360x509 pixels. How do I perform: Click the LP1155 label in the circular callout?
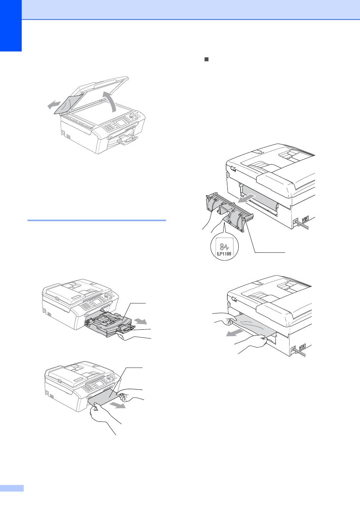(x=224, y=254)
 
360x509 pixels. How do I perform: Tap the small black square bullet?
(x=207, y=60)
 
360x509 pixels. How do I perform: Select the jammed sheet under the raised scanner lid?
(x=67, y=104)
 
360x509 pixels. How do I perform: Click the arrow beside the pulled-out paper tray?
(x=141, y=321)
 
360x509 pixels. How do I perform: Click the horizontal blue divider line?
(x=97, y=220)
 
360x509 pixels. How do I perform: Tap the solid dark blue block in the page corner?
(x=11, y=26)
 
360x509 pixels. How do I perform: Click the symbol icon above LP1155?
(x=224, y=247)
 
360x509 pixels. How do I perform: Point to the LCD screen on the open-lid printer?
(x=121, y=123)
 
